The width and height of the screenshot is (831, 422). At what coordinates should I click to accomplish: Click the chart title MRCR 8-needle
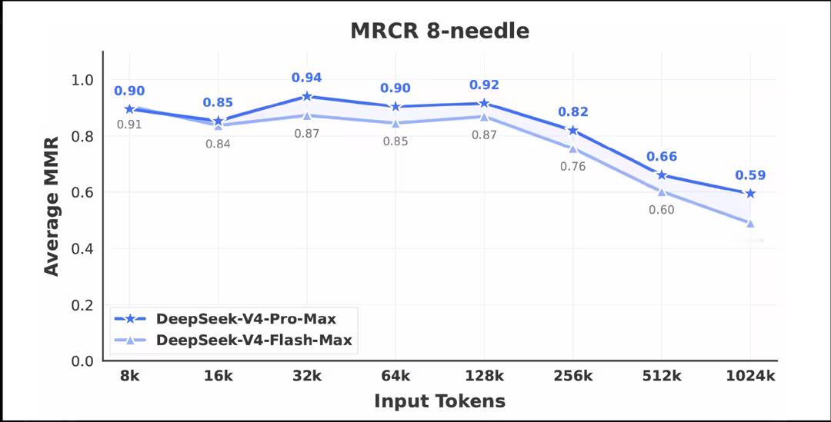439,31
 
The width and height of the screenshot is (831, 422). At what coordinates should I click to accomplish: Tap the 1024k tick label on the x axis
750,376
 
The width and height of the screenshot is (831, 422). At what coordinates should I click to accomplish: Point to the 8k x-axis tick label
129,376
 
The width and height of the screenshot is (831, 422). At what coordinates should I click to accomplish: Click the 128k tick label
484,376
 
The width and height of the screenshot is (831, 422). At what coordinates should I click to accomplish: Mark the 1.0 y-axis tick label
82,80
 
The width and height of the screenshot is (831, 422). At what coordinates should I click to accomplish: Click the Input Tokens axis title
439,400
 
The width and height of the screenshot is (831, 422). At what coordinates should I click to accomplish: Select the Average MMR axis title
52,206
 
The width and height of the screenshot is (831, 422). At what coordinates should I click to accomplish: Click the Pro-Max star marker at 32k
307,96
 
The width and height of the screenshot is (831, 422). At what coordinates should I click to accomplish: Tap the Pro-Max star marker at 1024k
750,194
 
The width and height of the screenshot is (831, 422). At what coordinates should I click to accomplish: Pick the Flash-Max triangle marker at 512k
662,191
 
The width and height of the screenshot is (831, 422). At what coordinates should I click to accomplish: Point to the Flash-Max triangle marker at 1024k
750,223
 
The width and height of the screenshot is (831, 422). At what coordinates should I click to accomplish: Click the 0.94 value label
306,78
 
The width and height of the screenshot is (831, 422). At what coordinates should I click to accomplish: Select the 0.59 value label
750,175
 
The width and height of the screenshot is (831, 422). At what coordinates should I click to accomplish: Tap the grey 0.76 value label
572,167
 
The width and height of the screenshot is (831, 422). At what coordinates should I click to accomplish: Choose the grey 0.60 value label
661,210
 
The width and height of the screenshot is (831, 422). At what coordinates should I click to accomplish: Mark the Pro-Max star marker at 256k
572,131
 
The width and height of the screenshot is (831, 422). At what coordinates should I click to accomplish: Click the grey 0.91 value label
129,125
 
